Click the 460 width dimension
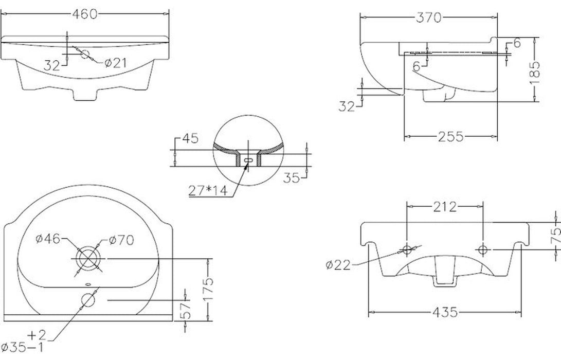point(85,15)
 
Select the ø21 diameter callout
point(116,63)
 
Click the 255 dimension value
point(450,136)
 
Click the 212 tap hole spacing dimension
point(444,207)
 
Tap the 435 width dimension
point(444,312)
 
